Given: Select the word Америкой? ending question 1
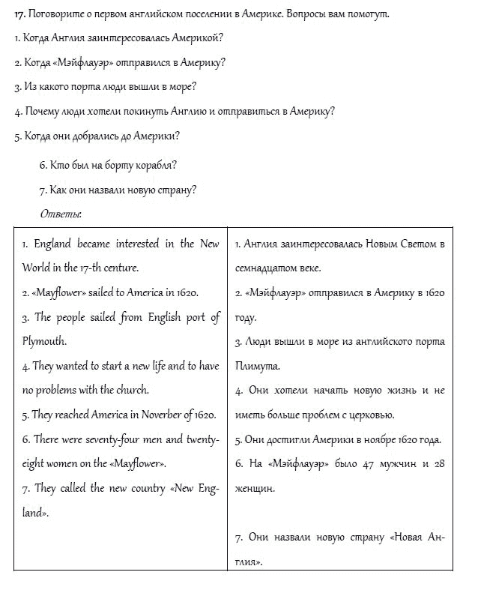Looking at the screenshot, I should [197, 38].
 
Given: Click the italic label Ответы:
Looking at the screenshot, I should [61, 214].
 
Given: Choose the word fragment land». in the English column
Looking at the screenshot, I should [35, 513].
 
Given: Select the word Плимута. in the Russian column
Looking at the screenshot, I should [258, 367].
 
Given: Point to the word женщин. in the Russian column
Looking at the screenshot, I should [256, 489].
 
